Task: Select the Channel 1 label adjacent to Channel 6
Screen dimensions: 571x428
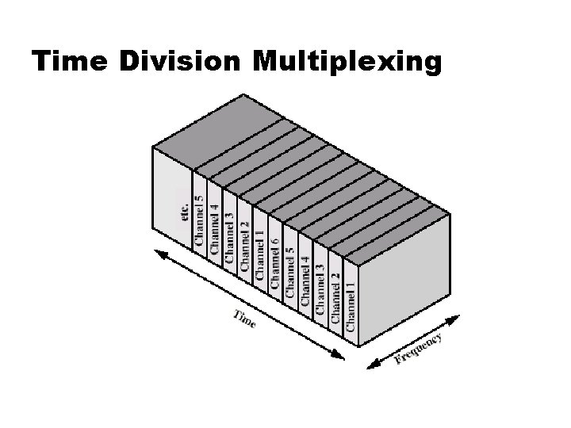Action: point(259,250)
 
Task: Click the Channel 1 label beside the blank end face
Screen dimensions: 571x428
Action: point(350,302)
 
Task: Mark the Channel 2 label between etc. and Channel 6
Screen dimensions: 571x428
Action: point(244,243)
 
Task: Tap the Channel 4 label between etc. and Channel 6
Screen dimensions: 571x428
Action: point(214,227)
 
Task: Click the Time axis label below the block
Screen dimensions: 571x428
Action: point(244,321)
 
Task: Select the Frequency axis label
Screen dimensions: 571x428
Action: point(418,349)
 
